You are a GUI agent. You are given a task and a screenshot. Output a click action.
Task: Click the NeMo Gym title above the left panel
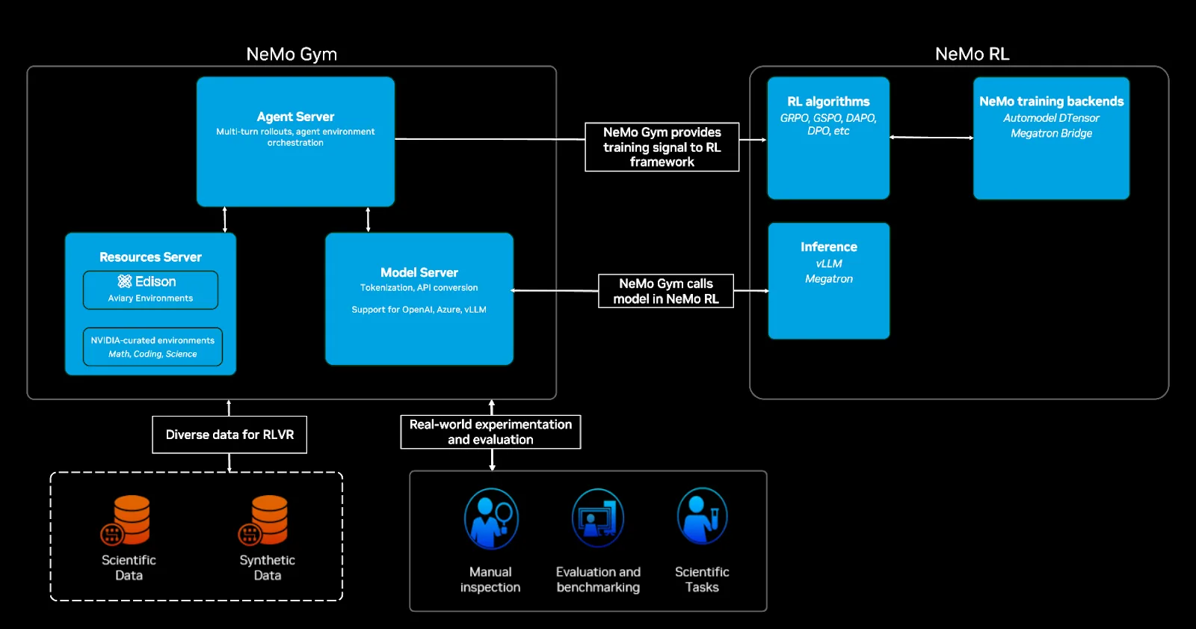coord(292,54)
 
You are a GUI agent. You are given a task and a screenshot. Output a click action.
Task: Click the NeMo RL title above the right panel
coord(972,54)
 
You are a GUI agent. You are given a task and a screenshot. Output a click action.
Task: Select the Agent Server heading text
coord(295,117)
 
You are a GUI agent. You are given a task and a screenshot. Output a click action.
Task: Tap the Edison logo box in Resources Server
coord(150,289)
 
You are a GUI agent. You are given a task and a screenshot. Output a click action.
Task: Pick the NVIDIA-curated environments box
coord(152,346)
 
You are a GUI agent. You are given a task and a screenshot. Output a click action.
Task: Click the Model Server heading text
coord(419,272)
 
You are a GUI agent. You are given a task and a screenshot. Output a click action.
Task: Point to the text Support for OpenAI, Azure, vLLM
coord(419,310)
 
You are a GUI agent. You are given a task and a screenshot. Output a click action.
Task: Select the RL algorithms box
coord(828,138)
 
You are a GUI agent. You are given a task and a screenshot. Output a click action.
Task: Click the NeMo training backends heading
coord(1051,101)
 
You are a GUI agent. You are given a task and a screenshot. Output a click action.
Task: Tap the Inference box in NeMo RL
coord(828,280)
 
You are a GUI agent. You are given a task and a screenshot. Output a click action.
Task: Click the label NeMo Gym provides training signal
coord(662,147)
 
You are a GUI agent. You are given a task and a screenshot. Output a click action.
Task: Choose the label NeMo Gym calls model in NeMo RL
coord(665,291)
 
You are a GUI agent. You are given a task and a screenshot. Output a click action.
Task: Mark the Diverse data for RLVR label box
coord(229,435)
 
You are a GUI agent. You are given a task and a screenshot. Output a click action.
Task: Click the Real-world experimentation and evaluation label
coord(490,432)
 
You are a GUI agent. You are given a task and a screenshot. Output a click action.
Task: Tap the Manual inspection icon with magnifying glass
coord(490,518)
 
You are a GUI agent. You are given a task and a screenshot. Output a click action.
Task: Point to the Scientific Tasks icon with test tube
coord(702,516)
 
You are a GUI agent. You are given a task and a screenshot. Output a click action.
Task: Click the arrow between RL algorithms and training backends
coord(931,138)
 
